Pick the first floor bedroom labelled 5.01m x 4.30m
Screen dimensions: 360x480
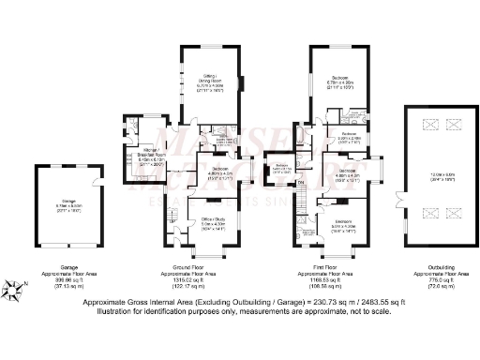337,224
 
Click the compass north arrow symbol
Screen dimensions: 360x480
12,290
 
